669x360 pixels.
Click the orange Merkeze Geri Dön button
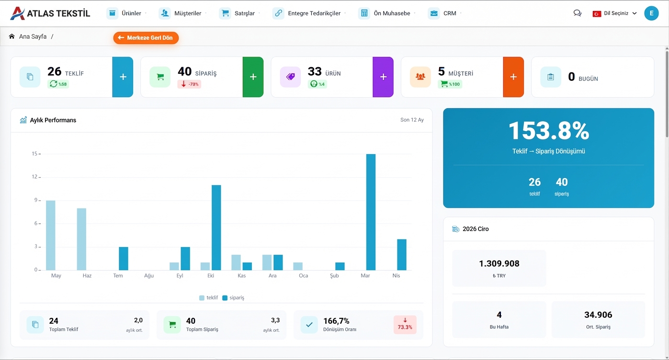coord(146,38)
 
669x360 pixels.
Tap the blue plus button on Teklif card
coord(123,77)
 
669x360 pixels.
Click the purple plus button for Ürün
coord(383,77)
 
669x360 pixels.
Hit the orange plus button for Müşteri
coord(513,77)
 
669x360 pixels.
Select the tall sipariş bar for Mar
coord(371,212)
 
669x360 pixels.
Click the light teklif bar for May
coord(51,235)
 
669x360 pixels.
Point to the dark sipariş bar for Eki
coord(216,227)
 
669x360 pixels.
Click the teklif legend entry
coord(209,298)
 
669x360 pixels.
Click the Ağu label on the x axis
coord(149,276)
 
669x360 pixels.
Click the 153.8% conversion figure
coord(548,131)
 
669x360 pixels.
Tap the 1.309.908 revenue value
coord(499,264)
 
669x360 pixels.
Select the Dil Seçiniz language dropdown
coord(615,13)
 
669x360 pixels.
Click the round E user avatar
coord(651,13)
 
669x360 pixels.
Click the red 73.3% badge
coord(405,325)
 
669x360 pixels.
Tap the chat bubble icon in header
coord(577,13)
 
